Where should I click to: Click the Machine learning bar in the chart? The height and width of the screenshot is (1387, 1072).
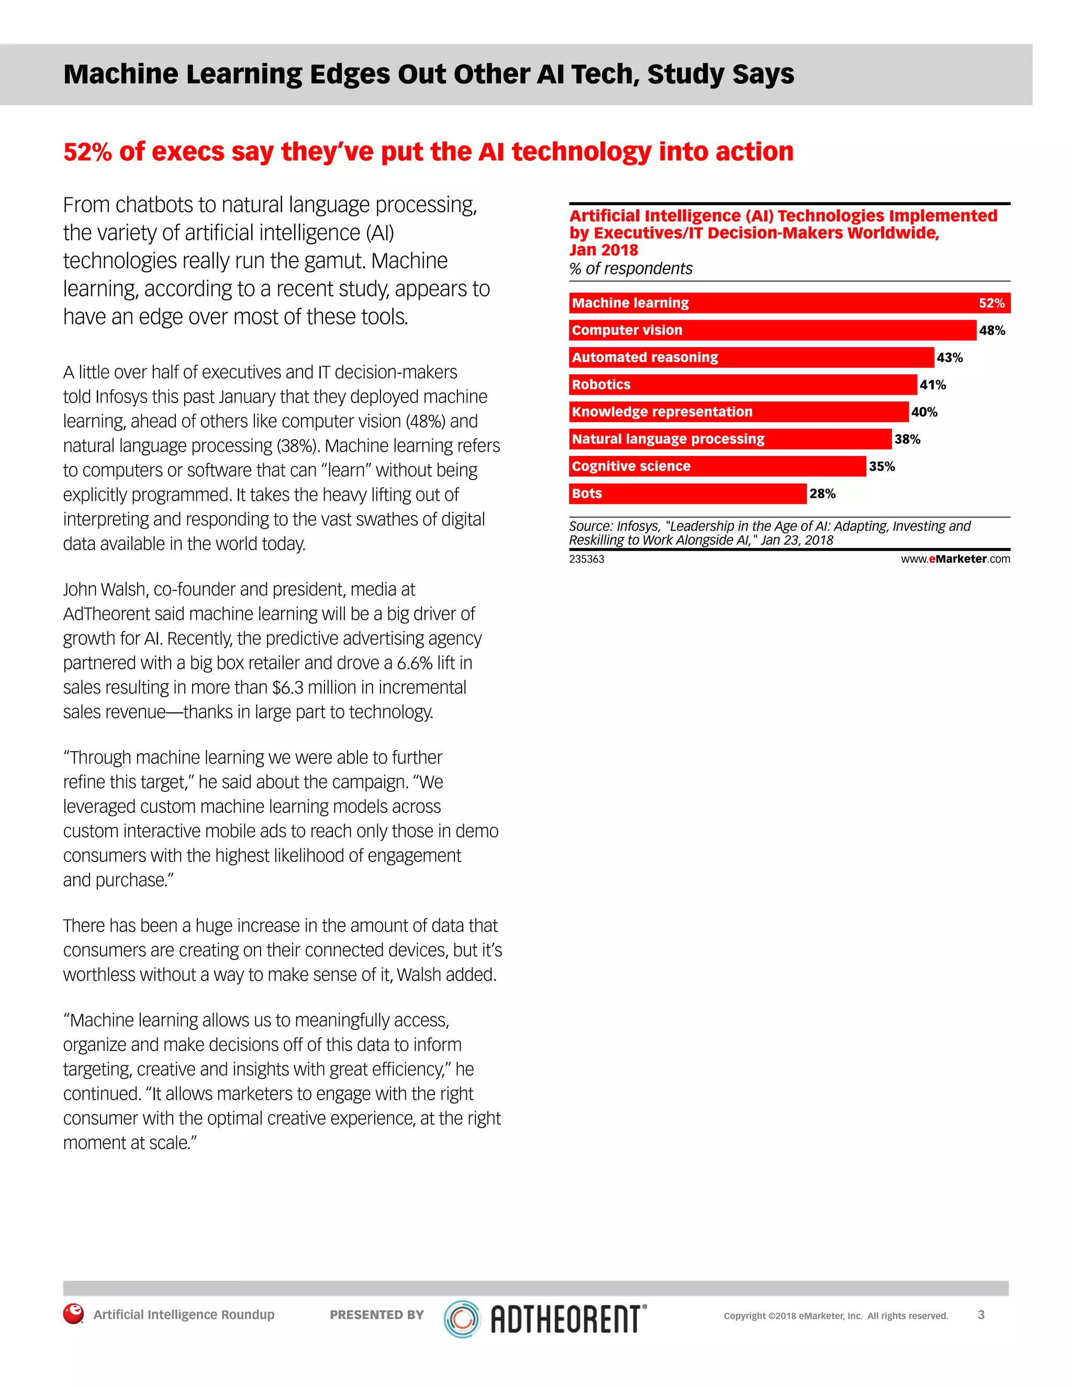click(x=789, y=303)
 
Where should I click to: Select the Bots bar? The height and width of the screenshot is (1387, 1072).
click(x=687, y=494)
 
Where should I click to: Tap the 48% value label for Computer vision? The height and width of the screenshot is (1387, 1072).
click(x=991, y=330)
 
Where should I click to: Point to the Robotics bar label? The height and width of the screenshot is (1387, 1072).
click(x=601, y=384)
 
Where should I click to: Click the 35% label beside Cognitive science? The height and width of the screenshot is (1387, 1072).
click(x=881, y=466)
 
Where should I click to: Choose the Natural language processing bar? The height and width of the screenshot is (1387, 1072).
click(x=730, y=439)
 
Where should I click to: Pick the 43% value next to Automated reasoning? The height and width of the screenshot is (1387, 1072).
click(x=950, y=357)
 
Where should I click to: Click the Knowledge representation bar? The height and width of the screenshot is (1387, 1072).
click(x=738, y=411)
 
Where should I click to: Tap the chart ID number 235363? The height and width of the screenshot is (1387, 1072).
click(x=586, y=559)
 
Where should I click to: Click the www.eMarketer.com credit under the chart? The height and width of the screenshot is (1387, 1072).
click(x=955, y=559)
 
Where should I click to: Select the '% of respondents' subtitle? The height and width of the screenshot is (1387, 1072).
click(x=630, y=269)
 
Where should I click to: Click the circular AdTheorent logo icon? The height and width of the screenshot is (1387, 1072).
click(x=462, y=1319)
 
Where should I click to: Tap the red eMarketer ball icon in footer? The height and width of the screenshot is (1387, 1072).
click(x=74, y=1314)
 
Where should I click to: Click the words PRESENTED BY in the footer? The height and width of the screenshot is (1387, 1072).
click(x=376, y=1315)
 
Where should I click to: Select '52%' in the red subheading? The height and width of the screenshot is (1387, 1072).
click(x=87, y=152)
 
